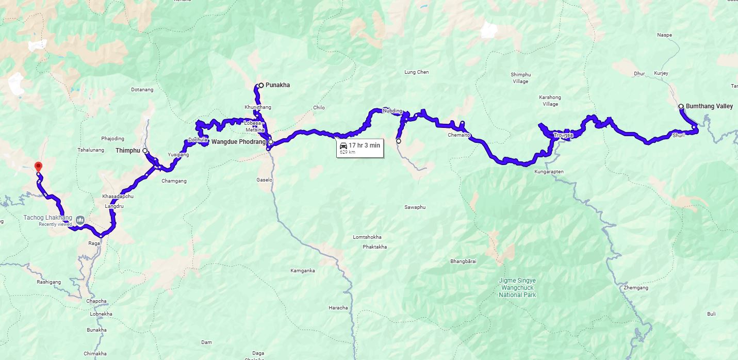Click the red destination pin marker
click(38, 167)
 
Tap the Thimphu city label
click(128, 151)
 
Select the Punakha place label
click(277, 85)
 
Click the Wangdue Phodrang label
click(239, 142)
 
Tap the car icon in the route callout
click(343, 146)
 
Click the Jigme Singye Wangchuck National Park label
click(517, 288)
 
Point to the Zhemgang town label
click(635, 288)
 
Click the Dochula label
click(198, 140)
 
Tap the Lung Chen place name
click(416, 72)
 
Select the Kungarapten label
click(549, 171)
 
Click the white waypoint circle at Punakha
click(261, 85)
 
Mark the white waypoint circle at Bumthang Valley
click(681, 106)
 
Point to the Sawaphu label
click(415, 207)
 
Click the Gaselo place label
click(264, 180)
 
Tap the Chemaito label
click(458, 135)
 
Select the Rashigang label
click(48, 282)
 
